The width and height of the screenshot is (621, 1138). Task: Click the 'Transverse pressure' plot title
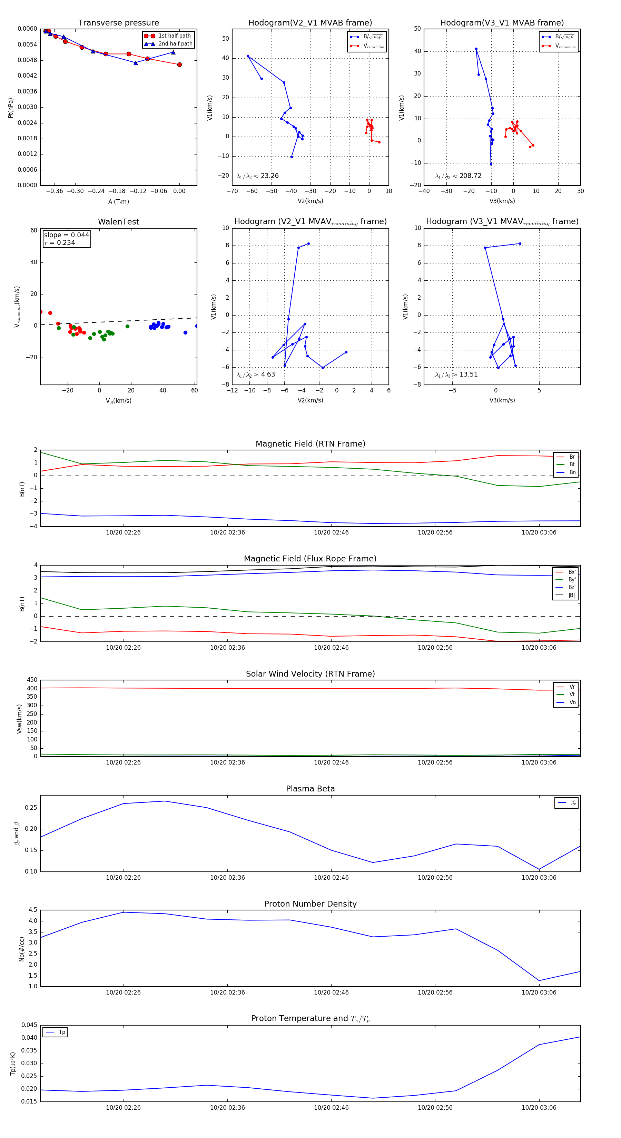(x=118, y=23)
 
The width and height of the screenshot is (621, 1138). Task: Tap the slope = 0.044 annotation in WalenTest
(x=66, y=235)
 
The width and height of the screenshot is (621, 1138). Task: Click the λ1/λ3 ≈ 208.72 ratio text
(x=459, y=176)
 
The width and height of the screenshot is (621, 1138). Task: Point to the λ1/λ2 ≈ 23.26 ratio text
(x=258, y=176)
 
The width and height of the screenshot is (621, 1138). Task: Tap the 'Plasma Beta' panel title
(x=310, y=789)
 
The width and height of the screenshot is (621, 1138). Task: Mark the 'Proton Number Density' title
(x=310, y=904)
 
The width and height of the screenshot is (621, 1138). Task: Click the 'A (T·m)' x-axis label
(x=118, y=201)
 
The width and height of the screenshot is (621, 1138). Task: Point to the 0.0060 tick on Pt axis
(x=27, y=29)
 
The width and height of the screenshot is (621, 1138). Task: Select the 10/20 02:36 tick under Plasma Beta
(x=227, y=877)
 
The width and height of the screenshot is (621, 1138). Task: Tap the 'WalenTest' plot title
(x=118, y=222)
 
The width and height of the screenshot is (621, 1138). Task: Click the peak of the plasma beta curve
(x=165, y=801)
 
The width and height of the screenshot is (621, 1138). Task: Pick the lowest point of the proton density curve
(x=539, y=981)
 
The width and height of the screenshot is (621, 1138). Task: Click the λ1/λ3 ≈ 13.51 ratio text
(x=456, y=375)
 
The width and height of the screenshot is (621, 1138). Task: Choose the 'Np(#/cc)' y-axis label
(x=22, y=949)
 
